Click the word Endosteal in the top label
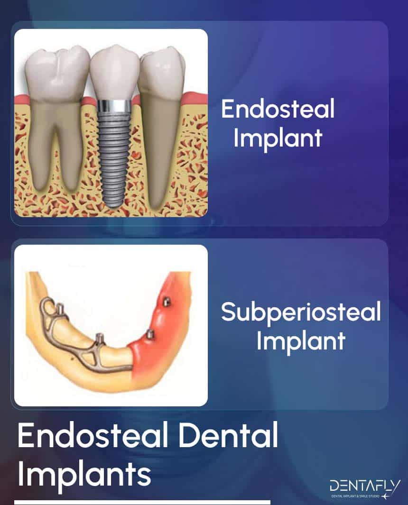278,110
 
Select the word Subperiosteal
301,313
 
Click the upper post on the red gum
166,301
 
